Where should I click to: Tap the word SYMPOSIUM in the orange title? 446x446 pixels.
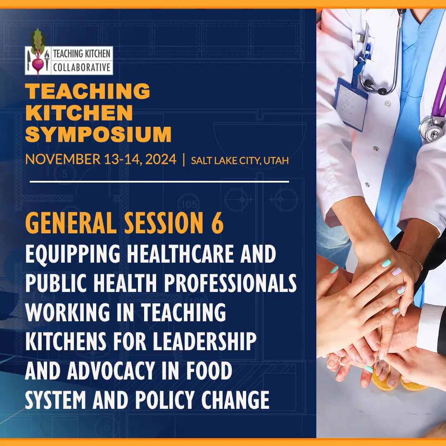point(98,134)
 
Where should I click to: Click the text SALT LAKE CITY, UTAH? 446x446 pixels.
point(240,160)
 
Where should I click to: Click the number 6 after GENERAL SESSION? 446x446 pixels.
point(217,224)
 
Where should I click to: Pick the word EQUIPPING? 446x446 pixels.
point(74,254)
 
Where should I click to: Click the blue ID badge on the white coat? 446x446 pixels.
point(351,103)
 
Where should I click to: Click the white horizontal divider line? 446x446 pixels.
point(159,181)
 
